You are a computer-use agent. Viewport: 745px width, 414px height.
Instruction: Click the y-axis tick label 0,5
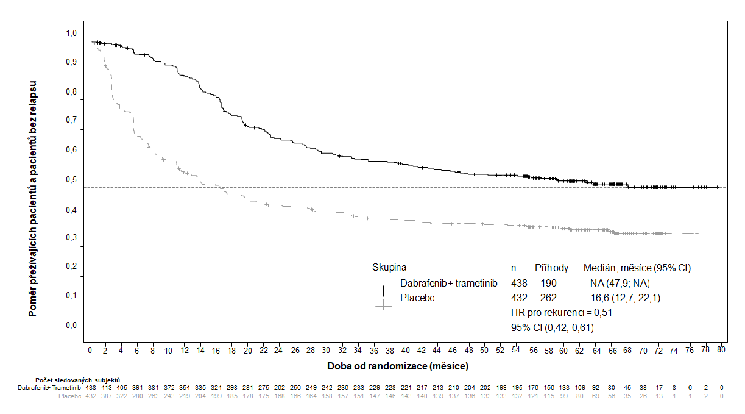(x=71, y=180)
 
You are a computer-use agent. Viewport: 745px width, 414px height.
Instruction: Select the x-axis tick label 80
(x=721, y=350)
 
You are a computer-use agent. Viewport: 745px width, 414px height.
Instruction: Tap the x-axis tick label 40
(x=406, y=350)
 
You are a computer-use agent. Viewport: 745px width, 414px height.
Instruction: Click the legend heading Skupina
(x=389, y=268)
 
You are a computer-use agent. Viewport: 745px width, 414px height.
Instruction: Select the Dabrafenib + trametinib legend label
(x=449, y=283)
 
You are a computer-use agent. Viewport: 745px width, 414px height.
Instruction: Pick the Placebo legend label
(x=417, y=298)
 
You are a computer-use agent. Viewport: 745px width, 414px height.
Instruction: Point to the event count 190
(x=548, y=283)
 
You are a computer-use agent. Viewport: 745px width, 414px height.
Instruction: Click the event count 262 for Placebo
(x=548, y=298)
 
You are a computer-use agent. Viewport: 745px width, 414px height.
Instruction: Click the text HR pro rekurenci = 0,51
(x=562, y=313)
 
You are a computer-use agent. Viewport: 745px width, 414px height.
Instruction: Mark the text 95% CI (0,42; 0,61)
(x=553, y=327)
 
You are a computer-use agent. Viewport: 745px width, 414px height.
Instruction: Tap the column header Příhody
(x=551, y=268)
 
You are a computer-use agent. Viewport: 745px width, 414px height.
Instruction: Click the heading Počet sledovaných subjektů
(x=77, y=380)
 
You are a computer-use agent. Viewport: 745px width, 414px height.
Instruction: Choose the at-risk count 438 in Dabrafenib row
(x=90, y=387)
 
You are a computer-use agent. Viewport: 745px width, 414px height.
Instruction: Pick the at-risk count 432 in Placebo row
(x=90, y=396)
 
